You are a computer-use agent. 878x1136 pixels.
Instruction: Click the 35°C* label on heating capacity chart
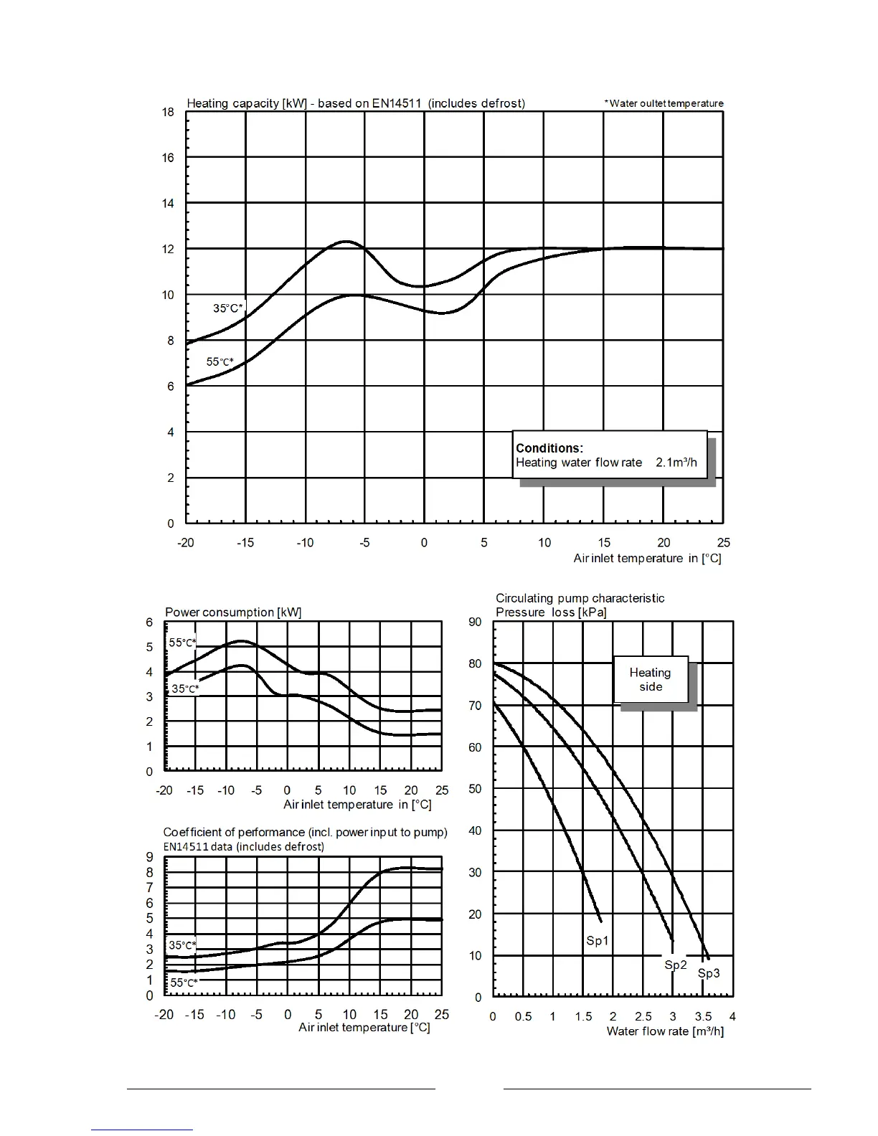click(x=228, y=308)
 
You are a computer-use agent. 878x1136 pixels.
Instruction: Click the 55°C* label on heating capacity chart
click(x=219, y=362)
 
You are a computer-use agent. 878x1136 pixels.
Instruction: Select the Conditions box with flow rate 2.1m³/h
click(x=609, y=455)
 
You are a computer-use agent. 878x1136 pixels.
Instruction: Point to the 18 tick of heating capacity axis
click(x=168, y=112)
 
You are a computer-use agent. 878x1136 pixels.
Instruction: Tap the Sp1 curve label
click(x=597, y=940)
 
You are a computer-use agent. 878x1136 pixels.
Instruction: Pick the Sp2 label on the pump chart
click(x=676, y=965)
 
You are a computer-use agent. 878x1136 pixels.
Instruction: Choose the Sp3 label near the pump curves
click(x=709, y=973)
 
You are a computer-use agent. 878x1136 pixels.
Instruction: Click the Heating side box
click(x=651, y=679)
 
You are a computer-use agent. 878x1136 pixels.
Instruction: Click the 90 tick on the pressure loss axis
click(x=475, y=622)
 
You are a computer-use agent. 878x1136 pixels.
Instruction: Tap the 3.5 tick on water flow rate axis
click(x=703, y=1016)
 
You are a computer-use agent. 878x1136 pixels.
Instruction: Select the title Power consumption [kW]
click(x=233, y=612)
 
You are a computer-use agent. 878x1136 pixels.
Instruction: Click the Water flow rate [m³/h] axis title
click(x=665, y=1031)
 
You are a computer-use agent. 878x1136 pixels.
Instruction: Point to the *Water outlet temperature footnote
click(x=664, y=103)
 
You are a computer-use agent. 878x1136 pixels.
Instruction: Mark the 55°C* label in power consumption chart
click(x=182, y=643)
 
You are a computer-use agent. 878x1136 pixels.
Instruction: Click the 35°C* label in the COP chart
click(x=182, y=945)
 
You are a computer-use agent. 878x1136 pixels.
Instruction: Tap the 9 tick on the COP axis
click(x=150, y=857)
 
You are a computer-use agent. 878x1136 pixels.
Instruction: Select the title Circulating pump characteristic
click(x=580, y=598)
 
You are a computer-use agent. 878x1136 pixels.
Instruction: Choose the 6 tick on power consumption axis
click(x=150, y=623)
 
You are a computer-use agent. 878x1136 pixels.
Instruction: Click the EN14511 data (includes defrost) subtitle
click(x=243, y=846)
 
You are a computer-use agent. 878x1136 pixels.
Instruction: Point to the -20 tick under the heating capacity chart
click(x=186, y=543)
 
